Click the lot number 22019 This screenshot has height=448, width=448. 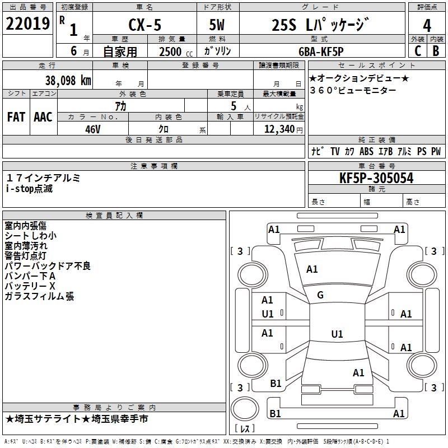27,24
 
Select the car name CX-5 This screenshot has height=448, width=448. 145,25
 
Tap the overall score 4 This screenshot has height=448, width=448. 427,26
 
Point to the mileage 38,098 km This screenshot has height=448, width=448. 68,81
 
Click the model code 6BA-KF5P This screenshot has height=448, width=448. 321,52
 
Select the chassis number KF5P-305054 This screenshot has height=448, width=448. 376,178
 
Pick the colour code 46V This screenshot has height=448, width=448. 93,129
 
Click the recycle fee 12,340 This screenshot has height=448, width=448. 279,129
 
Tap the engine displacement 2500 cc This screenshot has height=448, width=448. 176,52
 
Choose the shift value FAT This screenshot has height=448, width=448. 16,117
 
